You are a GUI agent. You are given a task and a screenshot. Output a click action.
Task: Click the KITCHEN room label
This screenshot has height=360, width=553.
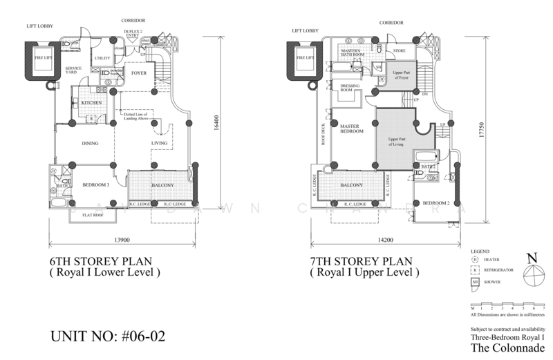[x=92, y=103]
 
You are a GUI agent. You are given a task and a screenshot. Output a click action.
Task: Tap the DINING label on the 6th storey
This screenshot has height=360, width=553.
[x=89, y=144]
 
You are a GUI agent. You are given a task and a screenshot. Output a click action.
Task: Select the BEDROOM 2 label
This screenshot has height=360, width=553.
[x=436, y=202]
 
